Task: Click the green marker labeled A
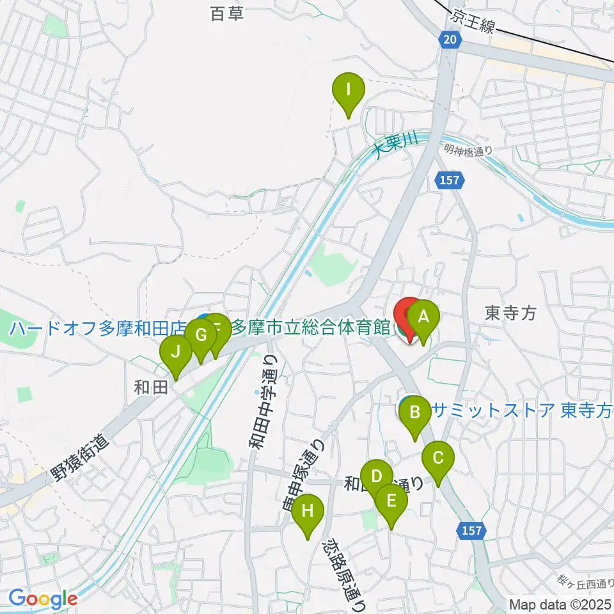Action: click(x=422, y=315)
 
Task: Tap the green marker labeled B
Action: click(x=414, y=412)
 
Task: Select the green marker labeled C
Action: click(x=438, y=458)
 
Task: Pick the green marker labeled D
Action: click(x=376, y=476)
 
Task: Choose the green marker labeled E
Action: click(x=391, y=500)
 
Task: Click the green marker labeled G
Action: click(x=201, y=335)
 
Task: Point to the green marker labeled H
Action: click(x=308, y=510)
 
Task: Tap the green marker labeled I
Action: click(x=349, y=89)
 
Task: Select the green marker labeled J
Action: click(x=175, y=351)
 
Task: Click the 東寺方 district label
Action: click(x=510, y=313)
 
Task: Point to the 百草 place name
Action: click(x=227, y=13)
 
